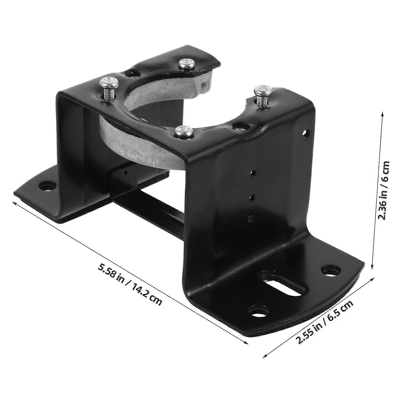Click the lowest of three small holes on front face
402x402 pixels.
coord(251,218)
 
